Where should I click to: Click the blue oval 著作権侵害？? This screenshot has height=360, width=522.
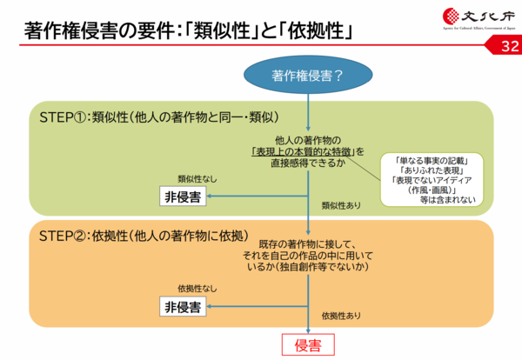[307, 74]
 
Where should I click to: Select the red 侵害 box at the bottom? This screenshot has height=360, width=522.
[307, 344]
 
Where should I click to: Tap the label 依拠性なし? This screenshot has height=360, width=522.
[197, 288]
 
